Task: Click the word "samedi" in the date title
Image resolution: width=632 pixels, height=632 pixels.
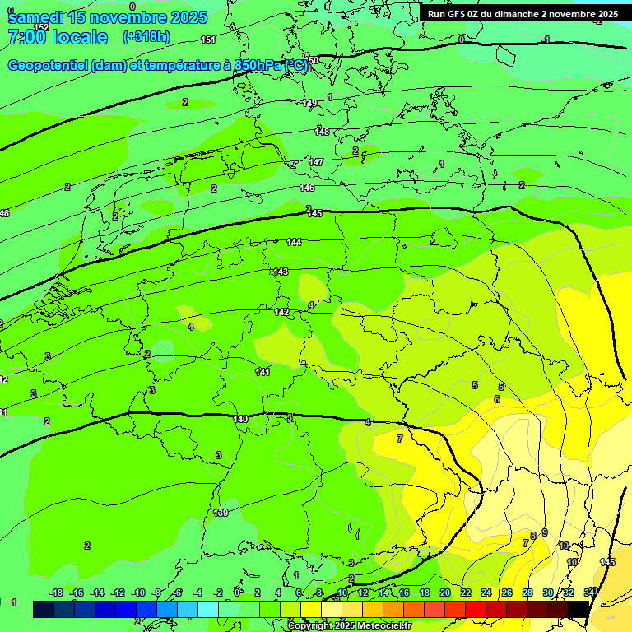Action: click(36, 17)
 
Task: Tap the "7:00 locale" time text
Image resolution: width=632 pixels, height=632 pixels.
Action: click(58, 37)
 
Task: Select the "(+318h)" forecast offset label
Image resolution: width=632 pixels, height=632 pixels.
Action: click(146, 37)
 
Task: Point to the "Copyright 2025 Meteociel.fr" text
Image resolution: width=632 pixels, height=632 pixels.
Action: click(349, 626)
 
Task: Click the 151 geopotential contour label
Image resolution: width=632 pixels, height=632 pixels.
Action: click(208, 39)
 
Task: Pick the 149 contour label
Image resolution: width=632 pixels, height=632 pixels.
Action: click(309, 103)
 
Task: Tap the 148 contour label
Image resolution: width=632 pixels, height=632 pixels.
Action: click(322, 132)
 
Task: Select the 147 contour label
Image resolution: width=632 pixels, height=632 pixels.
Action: click(316, 162)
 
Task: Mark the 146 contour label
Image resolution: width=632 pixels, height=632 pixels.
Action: click(308, 188)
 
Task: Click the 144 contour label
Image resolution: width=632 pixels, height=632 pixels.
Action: click(294, 242)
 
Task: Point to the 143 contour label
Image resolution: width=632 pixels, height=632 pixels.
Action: click(281, 272)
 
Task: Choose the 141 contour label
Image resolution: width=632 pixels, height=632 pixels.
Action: click(263, 372)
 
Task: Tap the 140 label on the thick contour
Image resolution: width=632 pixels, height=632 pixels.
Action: click(240, 419)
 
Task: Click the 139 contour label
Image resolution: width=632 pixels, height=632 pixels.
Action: click(221, 513)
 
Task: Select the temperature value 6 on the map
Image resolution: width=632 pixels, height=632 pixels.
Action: click(496, 399)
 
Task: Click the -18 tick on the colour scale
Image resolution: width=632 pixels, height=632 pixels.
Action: click(57, 592)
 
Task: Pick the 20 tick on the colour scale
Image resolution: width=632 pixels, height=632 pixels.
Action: click(444, 592)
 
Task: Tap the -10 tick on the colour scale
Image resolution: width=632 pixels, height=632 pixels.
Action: click(138, 592)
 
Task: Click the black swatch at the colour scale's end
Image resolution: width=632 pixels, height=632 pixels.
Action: click(579, 609)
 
